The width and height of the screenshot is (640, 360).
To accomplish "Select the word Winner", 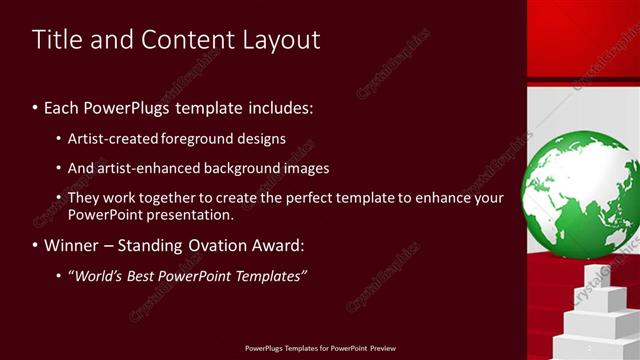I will [x=71, y=244].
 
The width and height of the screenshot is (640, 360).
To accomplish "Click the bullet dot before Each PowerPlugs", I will [x=36, y=107].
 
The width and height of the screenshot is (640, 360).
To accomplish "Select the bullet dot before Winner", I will [x=36, y=245].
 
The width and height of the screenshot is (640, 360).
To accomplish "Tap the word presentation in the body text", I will [x=190, y=214].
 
